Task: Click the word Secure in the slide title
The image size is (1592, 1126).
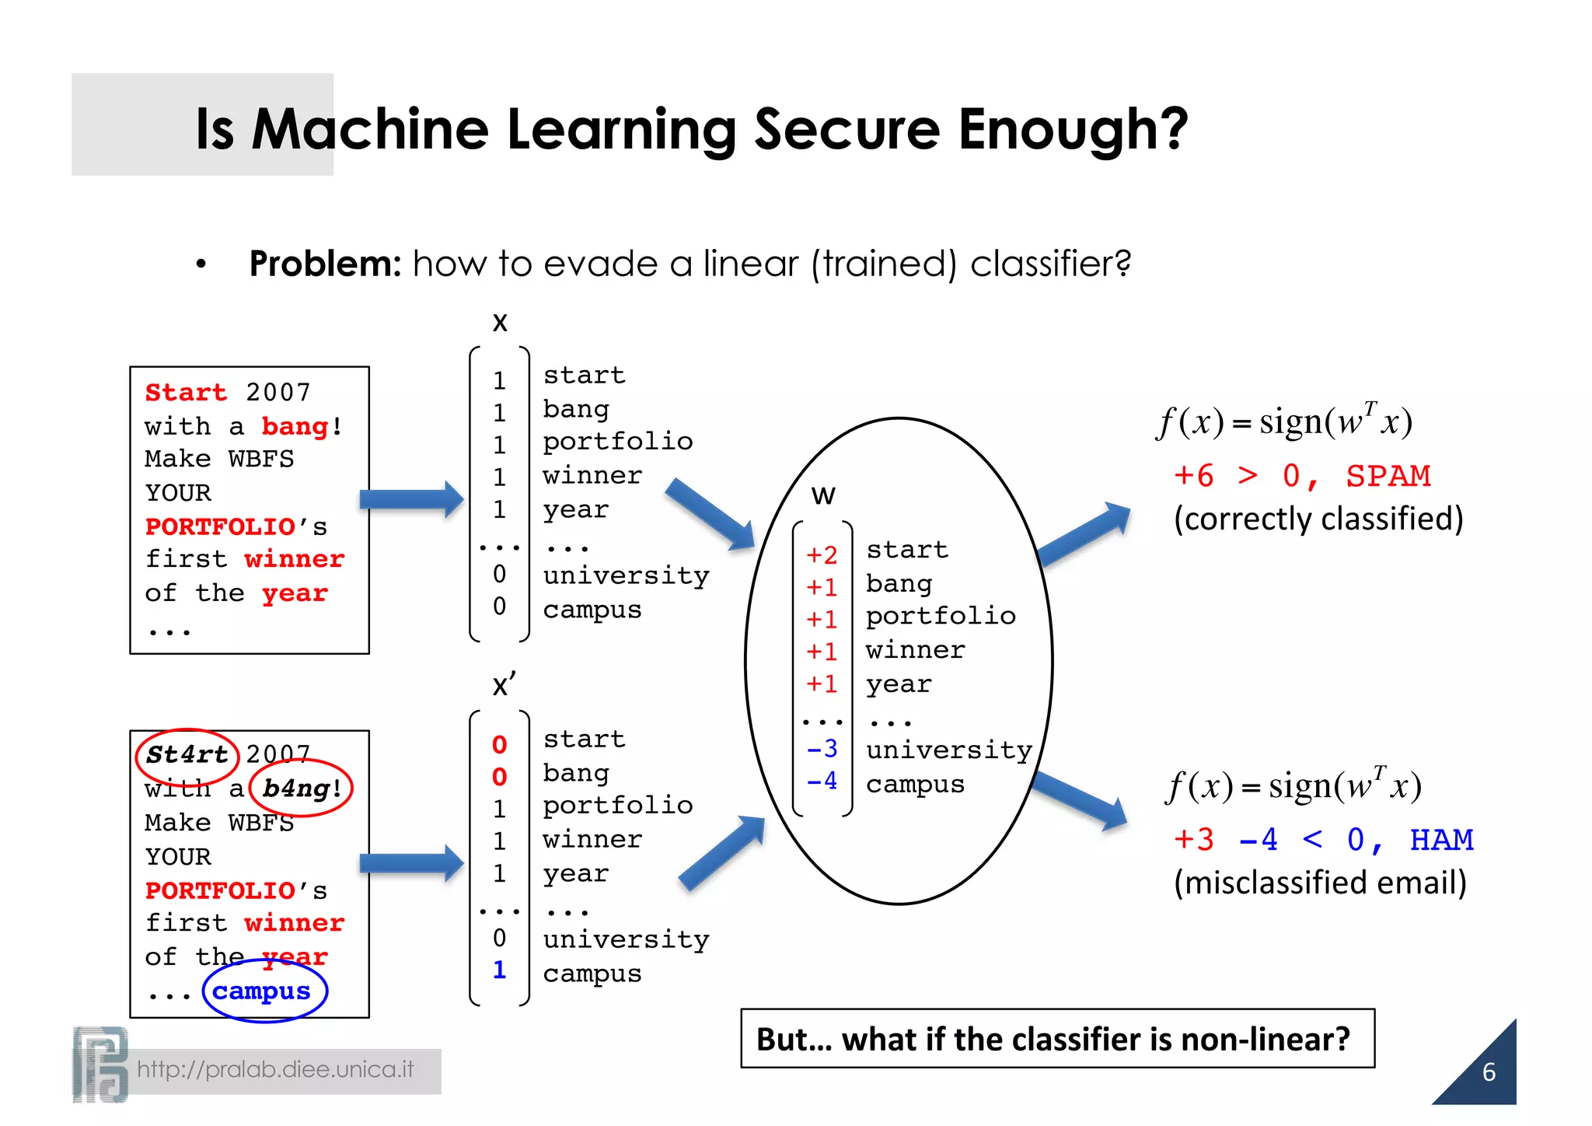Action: point(847,129)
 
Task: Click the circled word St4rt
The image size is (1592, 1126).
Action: point(187,754)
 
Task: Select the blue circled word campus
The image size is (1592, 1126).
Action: point(262,991)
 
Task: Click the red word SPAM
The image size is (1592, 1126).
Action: point(1388,475)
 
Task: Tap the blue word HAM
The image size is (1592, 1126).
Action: point(1441,839)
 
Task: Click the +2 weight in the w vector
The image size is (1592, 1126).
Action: point(822,554)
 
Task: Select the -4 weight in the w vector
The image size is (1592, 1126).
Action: point(822,781)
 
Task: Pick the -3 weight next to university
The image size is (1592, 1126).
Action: point(822,749)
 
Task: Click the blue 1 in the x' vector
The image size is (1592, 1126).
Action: point(499,970)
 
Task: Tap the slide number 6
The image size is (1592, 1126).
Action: point(1489,1072)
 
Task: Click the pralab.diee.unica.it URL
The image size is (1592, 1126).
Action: point(275,1070)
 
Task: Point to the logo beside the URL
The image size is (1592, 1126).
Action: point(100,1064)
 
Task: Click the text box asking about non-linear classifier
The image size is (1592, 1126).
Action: point(1057,1039)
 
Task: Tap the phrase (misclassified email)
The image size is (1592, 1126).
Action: point(1320,883)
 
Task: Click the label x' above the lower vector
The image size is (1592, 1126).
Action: point(504,685)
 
